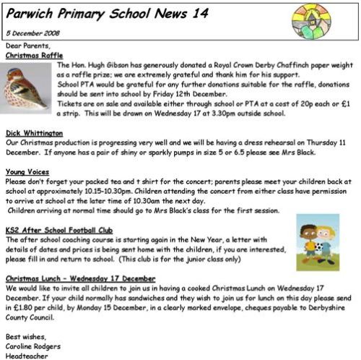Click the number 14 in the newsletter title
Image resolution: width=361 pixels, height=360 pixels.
pyautogui.click(x=187, y=12)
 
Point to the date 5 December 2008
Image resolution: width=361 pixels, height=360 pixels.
pyautogui.click(x=34, y=34)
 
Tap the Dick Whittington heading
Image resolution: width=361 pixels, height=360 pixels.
pyautogui.click(x=32, y=134)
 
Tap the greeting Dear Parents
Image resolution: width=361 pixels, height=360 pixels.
pyautogui.click(x=25, y=46)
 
